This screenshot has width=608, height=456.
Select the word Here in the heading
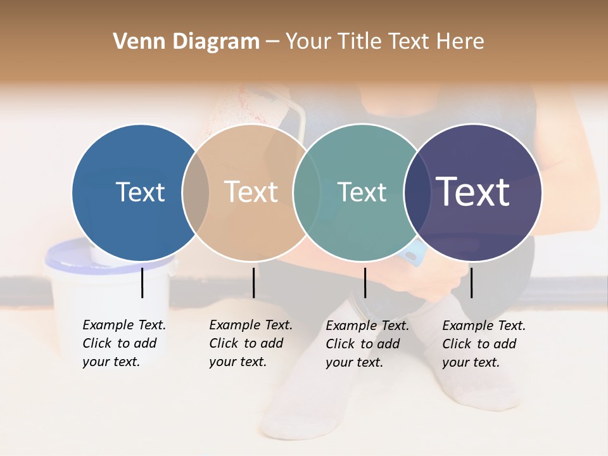(x=461, y=42)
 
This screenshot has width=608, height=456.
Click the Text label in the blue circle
(x=140, y=192)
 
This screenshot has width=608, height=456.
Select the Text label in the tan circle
(x=251, y=192)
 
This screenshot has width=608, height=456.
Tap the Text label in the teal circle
(x=362, y=192)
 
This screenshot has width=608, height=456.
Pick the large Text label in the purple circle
(x=473, y=192)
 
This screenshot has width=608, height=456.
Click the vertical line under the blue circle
(x=142, y=282)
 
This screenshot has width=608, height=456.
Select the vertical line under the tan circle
(x=253, y=282)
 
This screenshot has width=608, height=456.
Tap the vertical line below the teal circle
(x=365, y=282)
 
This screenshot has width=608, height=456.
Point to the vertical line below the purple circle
(x=471, y=282)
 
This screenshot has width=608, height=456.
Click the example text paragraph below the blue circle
(x=123, y=343)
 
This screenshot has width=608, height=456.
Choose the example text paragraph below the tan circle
(x=250, y=343)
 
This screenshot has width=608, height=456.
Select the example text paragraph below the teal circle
(x=367, y=344)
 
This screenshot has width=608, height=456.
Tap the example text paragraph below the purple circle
(x=483, y=344)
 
